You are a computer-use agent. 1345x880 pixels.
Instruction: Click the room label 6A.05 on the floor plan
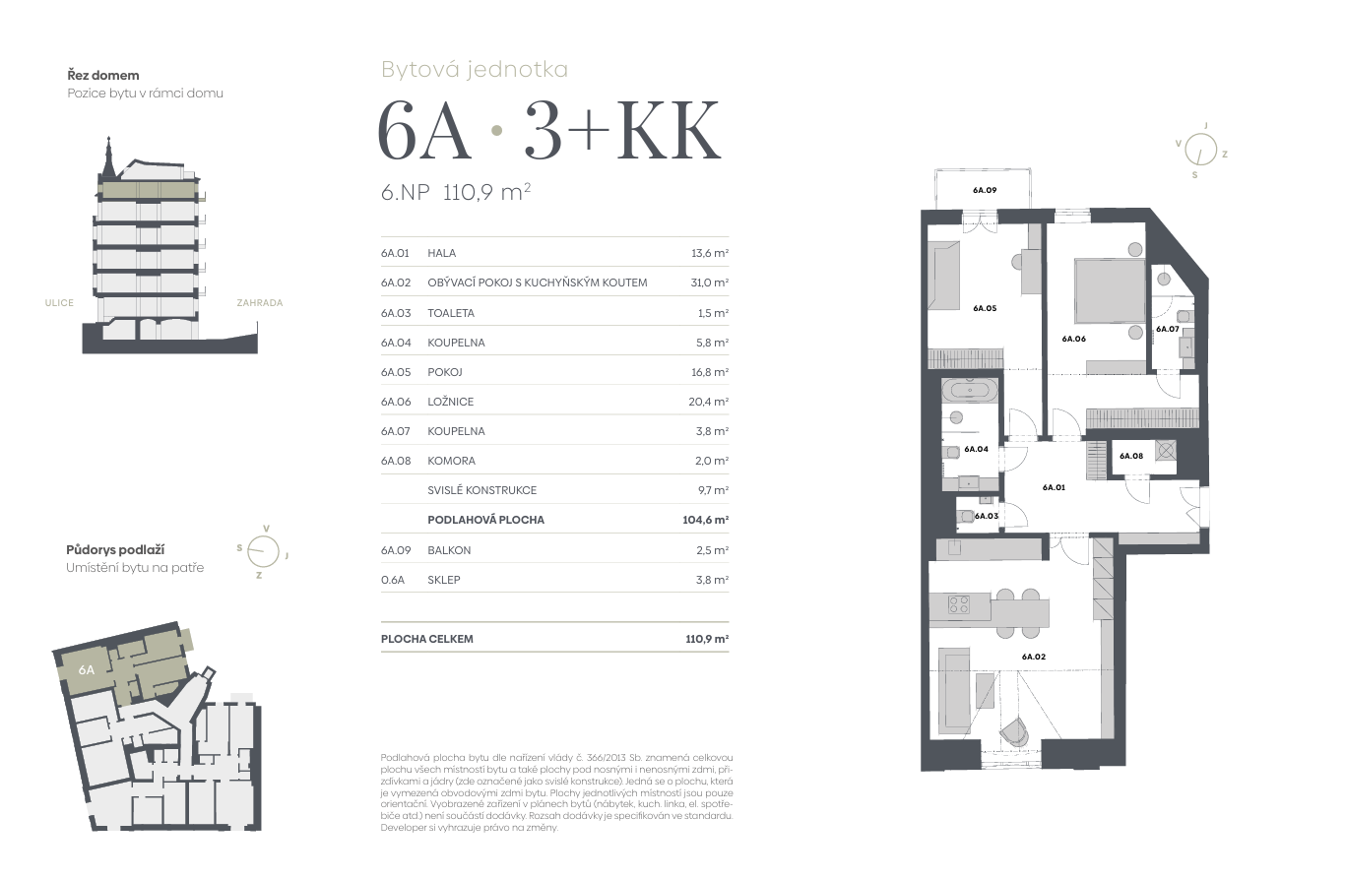(x=985, y=308)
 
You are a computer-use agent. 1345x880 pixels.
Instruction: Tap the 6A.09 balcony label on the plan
(x=985, y=190)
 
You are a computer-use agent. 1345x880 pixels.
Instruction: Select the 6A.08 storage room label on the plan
(x=1131, y=456)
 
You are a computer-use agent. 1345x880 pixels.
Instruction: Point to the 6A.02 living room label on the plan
(x=1034, y=657)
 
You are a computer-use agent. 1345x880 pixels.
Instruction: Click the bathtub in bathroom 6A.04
(x=970, y=391)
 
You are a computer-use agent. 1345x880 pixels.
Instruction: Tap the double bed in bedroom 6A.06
(x=1110, y=290)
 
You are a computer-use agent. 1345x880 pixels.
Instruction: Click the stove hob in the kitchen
(x=959, y=603)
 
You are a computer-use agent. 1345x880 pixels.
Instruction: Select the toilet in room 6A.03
(x=965, y=516)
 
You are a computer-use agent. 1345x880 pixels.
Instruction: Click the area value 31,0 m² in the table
(x=710, y=283)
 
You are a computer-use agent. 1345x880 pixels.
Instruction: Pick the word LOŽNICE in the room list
(x=450, y=402)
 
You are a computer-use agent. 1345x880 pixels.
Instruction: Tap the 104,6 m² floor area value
(x=706, y=520)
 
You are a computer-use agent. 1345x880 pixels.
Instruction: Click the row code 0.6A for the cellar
(x=393, y=580)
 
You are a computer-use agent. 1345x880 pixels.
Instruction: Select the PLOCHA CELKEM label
(x=427, y=639)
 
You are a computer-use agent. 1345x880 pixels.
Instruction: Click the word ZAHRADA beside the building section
(x=259, y=303)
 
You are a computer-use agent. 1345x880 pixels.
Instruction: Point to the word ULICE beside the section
(x=59, y=303)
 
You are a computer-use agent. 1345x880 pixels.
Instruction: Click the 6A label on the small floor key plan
(x=87, y=670)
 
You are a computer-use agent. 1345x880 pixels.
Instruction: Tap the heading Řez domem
(x=103, y=76)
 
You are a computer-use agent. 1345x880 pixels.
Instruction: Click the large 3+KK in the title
(x=622, y=130)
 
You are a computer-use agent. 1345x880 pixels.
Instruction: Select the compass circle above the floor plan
(x=1201, y=150)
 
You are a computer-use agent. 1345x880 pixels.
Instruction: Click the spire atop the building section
(x=108, y=157)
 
